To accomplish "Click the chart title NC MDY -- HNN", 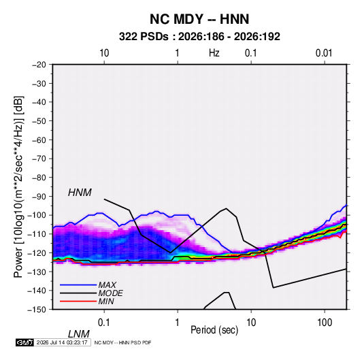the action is pyautogui.click(x=199, y=19).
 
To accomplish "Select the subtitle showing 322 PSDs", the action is pyautogui.click(x=199, y=37).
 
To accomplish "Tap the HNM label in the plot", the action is pyautogui.click(x=80, y=193).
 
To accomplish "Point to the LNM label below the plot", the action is pyautogui.click(x=78, y=334).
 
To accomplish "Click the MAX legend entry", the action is pyautogui.click(x=107, y=284).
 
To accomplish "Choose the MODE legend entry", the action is pyautogui.click(x=110, y=293).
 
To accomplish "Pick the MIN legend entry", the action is pyautogui.click(x=106, y=301).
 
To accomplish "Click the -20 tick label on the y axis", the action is pyautogui.click(x=39, y=65).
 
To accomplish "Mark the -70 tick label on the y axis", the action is pyautogui.click(x=39, y=159).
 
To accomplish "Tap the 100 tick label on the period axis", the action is pyautogui.click(x=325, y=323).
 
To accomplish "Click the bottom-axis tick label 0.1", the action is pyautogui.click(x=103, y=323).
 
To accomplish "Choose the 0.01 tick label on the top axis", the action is pyautogui.click(x=324, y=53).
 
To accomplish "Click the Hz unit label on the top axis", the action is pyautogui.click(x=214, y=53).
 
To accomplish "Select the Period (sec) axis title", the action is pyautogui.click(x=214, y=330).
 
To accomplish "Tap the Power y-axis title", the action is pyautogui.click(x=18, y=187).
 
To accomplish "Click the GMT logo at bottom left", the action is pyautogui.click(x=24, y=342).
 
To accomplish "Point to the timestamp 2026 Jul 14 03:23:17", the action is pyautogui.click(x=62, y=342).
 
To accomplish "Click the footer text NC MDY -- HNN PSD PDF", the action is pyautogui.click(x=122, y=342).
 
